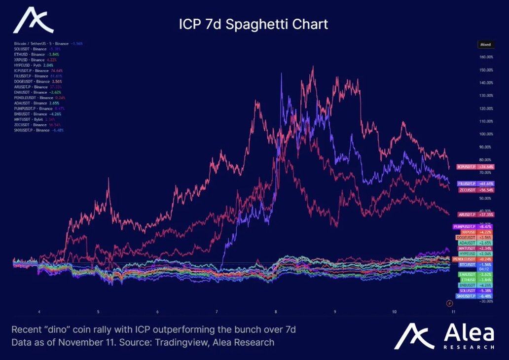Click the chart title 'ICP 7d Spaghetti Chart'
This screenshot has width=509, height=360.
[x=253, y=24]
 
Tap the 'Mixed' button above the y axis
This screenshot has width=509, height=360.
[x=485, y=44]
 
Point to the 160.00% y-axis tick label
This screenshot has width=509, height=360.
[x=487, y=57]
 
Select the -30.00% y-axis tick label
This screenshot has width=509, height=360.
[x=487, y=301]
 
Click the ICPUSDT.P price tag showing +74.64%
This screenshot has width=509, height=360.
[x=476, y=167]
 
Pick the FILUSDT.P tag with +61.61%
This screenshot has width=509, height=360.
[x=476, y=183]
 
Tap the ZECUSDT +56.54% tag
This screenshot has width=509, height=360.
[x=476, y=190]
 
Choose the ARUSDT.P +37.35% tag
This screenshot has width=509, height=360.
[x=476, y=215]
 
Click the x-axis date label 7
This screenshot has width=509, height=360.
[x=217, y=312]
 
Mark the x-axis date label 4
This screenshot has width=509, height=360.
[x=39, y=312]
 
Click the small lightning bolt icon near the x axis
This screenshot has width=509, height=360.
[x=449, y=303]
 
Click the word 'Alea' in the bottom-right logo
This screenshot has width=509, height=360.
[x=469, y=333]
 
